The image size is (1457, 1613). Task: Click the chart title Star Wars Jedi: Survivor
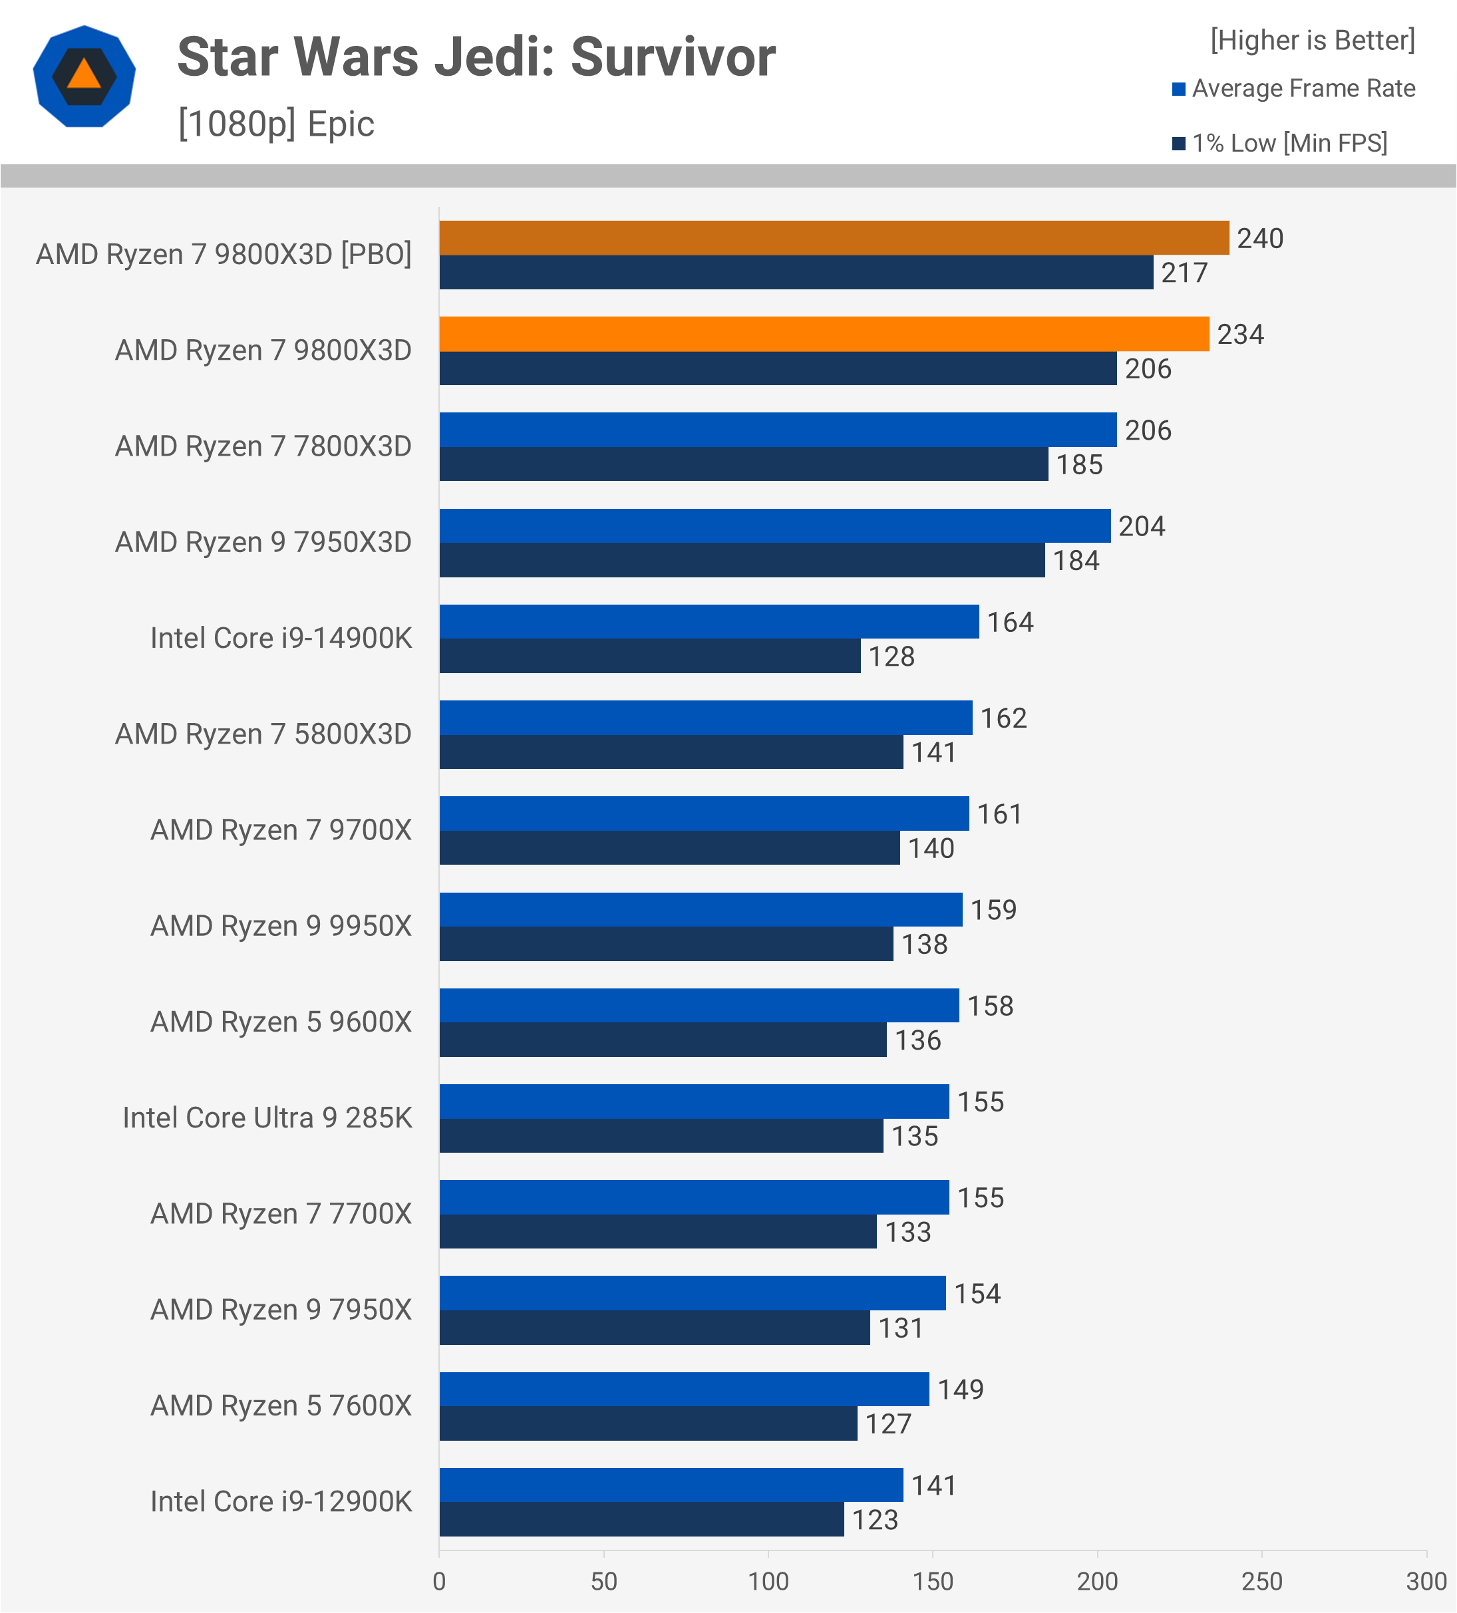(476, 58)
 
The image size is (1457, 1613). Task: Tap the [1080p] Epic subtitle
(276, 124)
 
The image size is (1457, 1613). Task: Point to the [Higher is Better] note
(1312, 40)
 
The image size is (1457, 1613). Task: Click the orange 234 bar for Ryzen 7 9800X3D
(824, 334)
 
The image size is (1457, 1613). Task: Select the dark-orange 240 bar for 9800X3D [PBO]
(834, 237)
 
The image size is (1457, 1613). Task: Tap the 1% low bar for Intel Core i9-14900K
(650, 656)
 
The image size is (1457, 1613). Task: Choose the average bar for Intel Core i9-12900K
(671, 1485)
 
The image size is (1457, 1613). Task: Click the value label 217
(1184, 273)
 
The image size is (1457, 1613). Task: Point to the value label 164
(1010, 622)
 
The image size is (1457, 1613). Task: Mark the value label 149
(960, 1390)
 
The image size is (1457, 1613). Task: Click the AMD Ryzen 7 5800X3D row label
(263, 734)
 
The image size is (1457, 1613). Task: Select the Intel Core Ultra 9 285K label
(267, 1117)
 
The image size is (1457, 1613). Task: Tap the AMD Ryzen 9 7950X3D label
(263, 541)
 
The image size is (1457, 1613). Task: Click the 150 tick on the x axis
(933, 1582)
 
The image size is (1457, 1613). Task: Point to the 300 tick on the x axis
(1426, 1582)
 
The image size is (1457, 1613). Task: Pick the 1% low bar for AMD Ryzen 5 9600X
(663, 1040)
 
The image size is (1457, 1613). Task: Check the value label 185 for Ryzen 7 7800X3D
(1079, 465)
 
